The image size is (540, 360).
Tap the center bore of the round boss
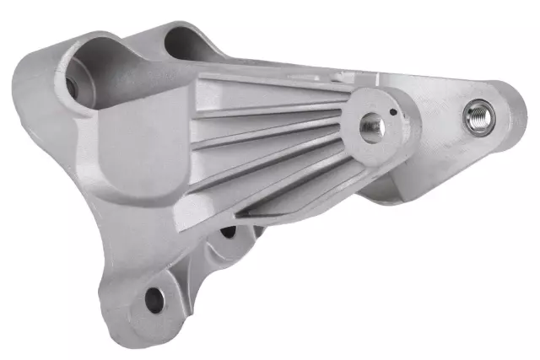point(372,126)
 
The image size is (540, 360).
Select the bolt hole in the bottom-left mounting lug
point(155,297)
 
